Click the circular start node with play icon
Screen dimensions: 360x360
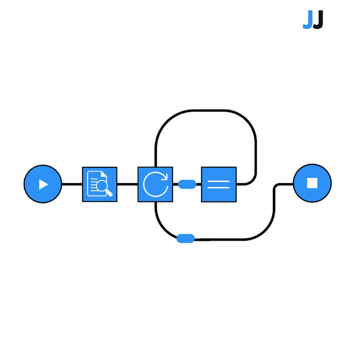coord(43,184)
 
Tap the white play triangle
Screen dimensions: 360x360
coord(43,184)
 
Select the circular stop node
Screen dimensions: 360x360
coord(312,183)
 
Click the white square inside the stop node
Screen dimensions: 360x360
coord(312,183)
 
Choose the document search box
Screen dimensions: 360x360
coord(100,184)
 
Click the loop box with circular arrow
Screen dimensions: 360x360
coord(155,184)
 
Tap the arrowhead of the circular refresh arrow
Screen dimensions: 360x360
coord(165,177)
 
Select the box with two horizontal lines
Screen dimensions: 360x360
coord(219,184)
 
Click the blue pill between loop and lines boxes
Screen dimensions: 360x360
coord(188,184)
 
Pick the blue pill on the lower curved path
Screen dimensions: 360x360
coord(186,238)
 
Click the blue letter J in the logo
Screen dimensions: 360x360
coord(308,20)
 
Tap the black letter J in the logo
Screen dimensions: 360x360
coord(318,20)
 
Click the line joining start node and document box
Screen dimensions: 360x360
coord(72,184)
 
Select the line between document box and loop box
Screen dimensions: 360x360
coord(127,184)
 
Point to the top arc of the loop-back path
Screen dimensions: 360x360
coord(206,111)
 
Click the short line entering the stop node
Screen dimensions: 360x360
coord(285,184)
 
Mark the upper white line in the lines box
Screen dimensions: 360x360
coord(219,181)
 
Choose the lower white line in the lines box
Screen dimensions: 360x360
coord(219,188)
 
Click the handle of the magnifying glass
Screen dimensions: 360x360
coord(109,193)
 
